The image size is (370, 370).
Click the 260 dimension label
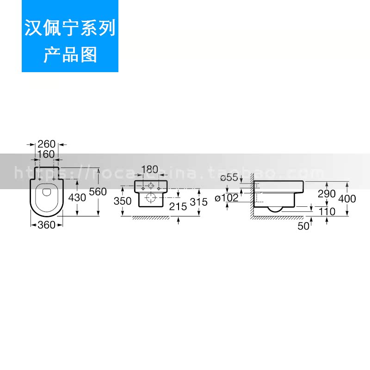tap(47, 144)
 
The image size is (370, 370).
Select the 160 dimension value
tap(47, 154)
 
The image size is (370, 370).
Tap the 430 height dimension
tap(77, 197)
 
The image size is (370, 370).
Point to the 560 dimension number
tap(98, 191)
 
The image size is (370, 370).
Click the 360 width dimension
tap(47, 225)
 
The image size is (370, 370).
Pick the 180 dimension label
tap(149, 169)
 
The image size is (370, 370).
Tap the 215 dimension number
tap(178, 206)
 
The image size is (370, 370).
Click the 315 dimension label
tap(198, 202)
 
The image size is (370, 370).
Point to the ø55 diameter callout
tap(229, 177)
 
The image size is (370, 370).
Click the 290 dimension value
tap(327, 194)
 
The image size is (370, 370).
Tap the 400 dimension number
tap(347, 198)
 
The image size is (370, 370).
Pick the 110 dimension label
tap(327, 212)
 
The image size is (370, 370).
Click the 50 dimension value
tap(303, 226)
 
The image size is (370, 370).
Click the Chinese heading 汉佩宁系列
tap(70, 29)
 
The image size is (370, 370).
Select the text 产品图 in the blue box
tap(70, 55)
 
